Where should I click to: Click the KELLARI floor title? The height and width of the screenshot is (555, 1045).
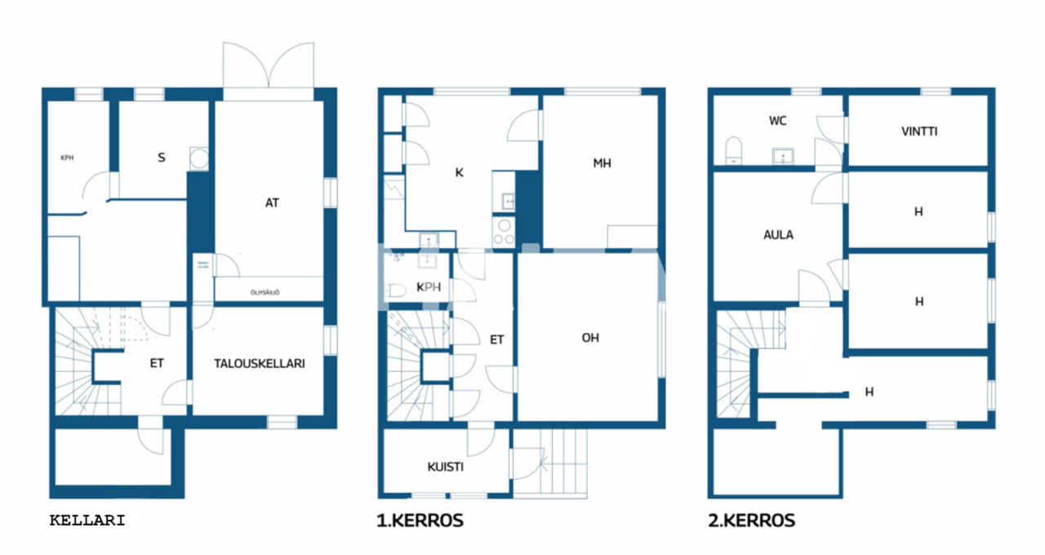tap(87, 520)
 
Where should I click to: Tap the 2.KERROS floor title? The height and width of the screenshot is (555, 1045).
tap(751, 520)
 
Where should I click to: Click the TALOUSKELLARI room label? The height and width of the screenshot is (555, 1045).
tap(260, 364)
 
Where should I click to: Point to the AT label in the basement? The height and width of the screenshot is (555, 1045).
tap(272, 202)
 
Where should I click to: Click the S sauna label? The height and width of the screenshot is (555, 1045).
tap(162, 158)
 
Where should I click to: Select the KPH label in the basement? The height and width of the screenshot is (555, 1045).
tap(67, 158)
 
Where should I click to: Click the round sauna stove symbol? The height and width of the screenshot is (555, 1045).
tap(198, 158)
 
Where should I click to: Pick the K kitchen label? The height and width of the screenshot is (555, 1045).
tap(459, 172)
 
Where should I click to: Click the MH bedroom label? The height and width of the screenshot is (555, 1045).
tap(602, 163)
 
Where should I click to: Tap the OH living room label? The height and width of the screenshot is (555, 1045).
tap(589, 337)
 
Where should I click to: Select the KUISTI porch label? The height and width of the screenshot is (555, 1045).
tap(446, 468)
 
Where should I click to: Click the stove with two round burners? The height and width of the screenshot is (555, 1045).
tap(504, 232)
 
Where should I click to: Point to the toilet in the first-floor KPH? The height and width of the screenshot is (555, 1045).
tap(395, 291)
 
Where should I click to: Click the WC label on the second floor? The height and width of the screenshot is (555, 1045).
tap(777, 121)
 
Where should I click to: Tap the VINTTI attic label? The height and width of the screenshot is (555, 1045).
tap(918, 131)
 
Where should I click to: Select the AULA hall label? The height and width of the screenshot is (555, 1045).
tap(778, 234)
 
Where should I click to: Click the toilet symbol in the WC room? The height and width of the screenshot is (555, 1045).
tap(733, 150)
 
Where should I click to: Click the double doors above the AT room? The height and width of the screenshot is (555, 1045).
tap(268, 69)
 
